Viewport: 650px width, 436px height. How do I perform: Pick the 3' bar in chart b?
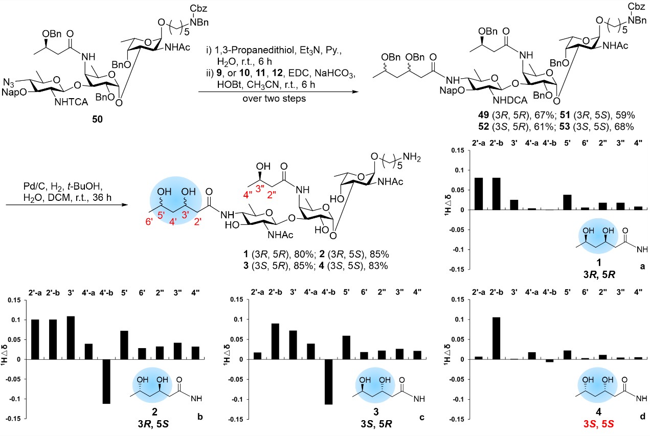[71, 337]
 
